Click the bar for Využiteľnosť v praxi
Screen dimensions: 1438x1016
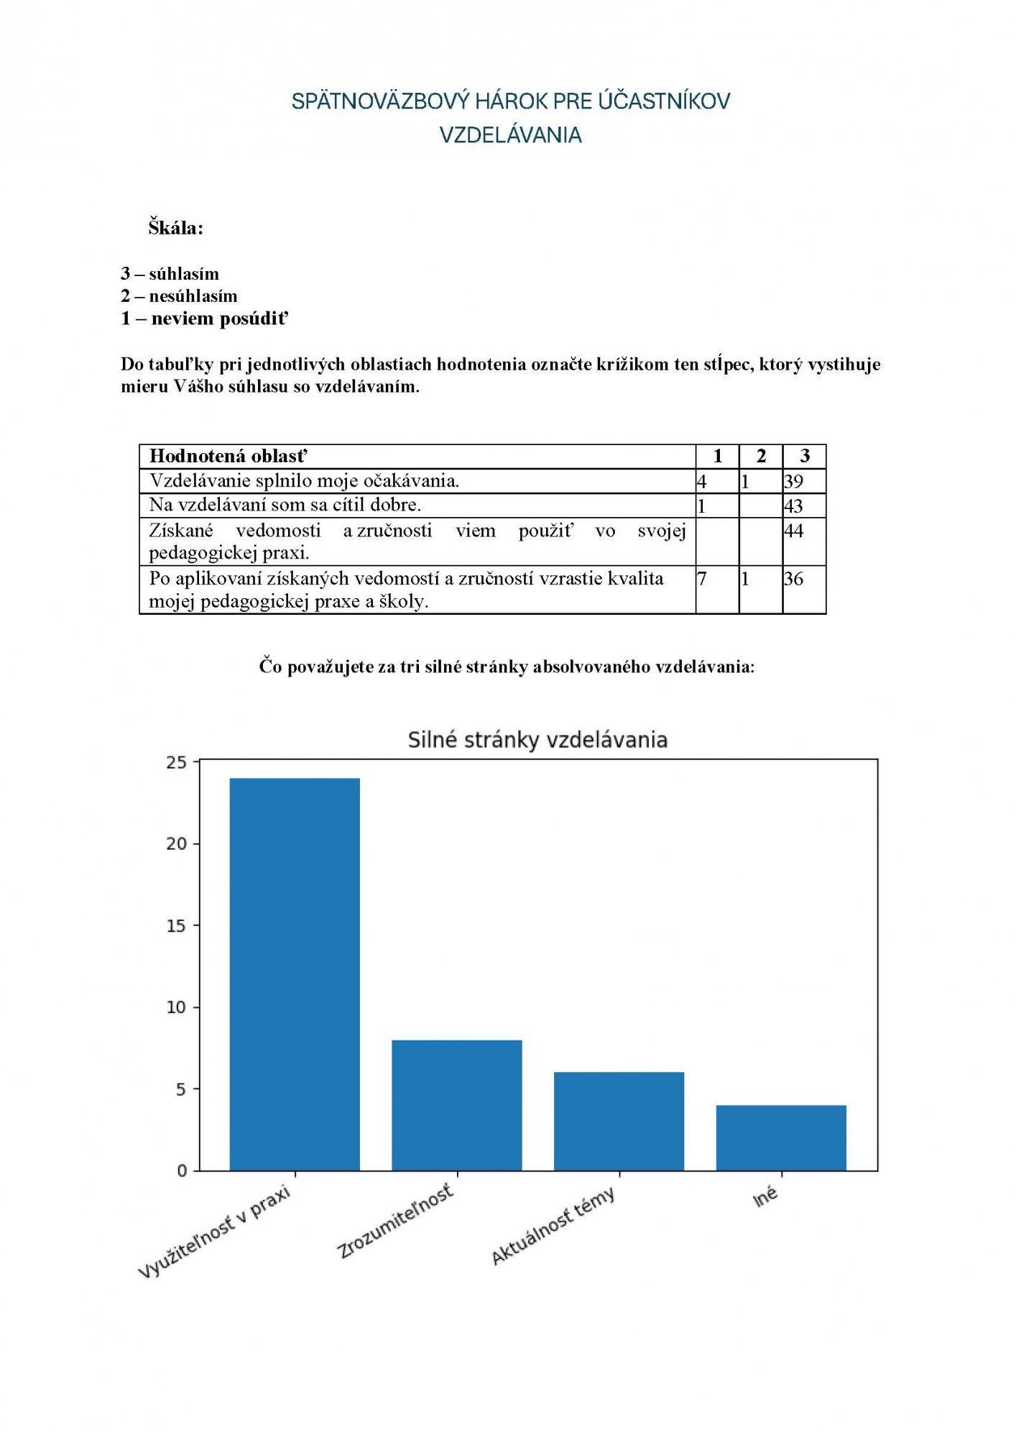click(x=295, y=974)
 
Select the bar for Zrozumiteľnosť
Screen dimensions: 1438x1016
click(x=457, y=1105)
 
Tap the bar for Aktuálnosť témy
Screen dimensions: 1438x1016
click(x=619, y=1121)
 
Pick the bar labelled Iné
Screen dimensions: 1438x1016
click(x=781, y=1137)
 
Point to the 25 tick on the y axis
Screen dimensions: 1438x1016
click(x=176, y=762)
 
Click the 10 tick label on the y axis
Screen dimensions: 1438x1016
click(x=176, y=1007)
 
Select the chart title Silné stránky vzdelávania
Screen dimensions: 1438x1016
click(x=537, y=740)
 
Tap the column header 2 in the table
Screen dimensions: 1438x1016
click(x=761, y=456)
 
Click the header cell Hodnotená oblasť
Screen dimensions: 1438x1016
click(x=228, y=456)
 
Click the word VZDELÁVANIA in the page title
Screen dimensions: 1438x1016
click(x=510, y=135)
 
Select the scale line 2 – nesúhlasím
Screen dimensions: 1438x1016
click(x=179, y=296)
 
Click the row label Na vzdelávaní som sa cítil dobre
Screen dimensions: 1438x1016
click(x=285, y=505)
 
